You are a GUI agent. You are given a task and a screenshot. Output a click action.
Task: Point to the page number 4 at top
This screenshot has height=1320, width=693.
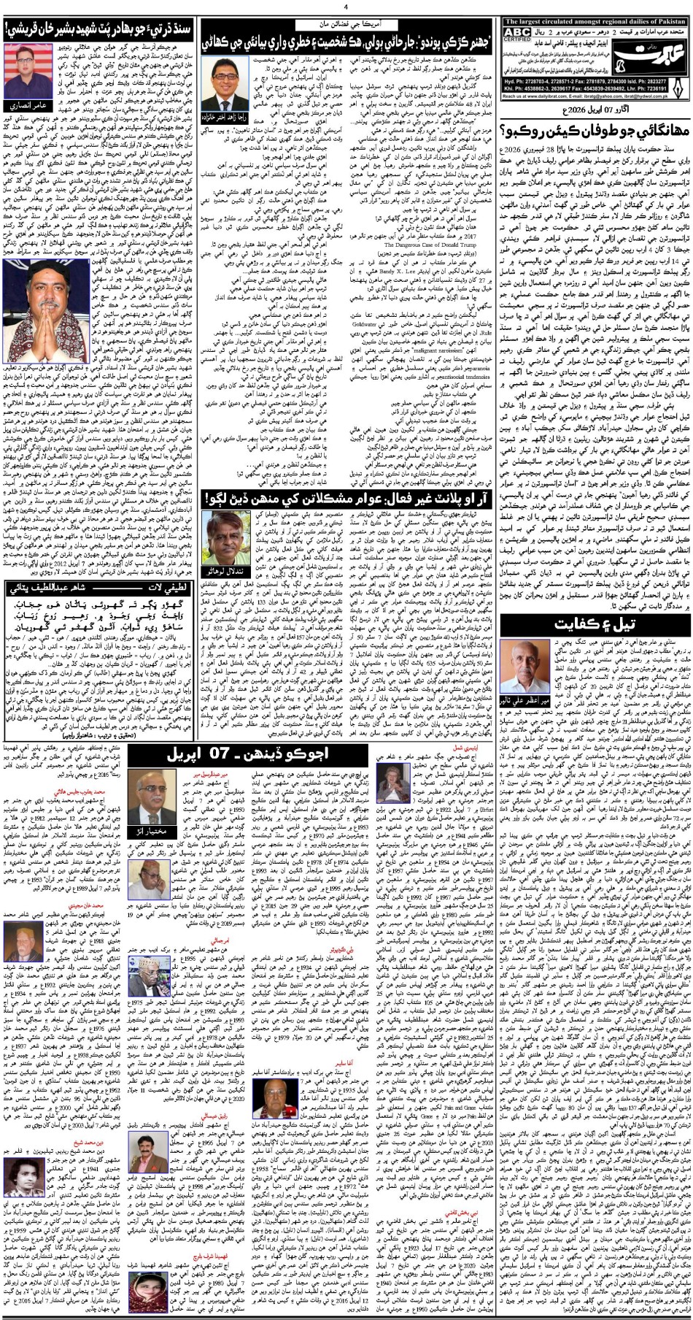[346, 7]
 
